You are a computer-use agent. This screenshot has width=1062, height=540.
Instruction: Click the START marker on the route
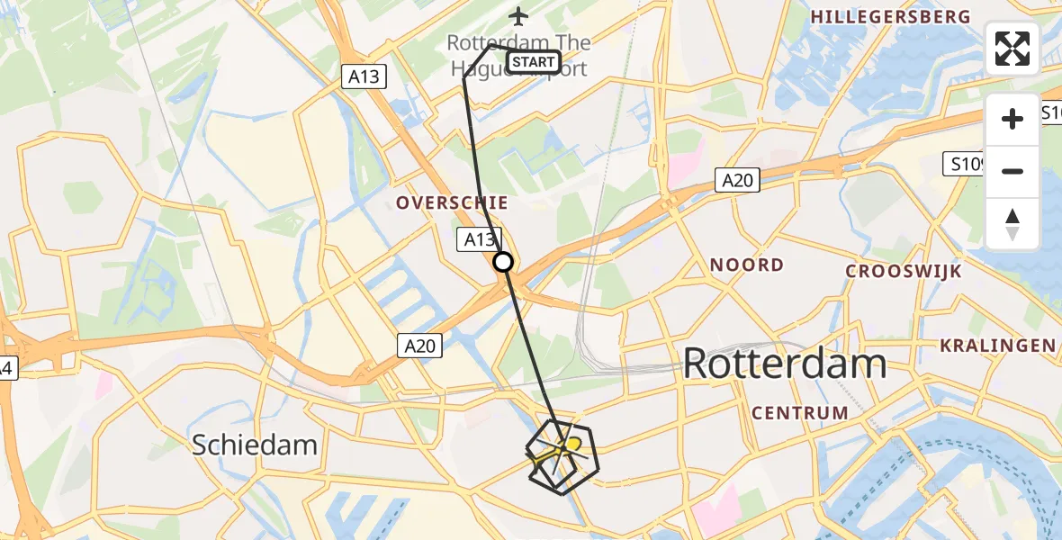tap(534, 62)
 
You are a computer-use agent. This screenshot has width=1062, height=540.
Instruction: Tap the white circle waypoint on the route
tap(503, 262)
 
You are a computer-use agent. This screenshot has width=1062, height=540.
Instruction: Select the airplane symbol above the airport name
tap(518, 16)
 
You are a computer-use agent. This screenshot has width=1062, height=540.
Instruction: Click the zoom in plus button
tap(1012, 119)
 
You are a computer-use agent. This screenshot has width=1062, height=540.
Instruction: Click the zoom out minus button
tap(1012, 171)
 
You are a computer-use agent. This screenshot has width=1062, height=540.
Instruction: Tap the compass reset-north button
tap(1012, 224)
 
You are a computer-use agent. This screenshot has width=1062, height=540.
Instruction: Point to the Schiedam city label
tap(255, 445)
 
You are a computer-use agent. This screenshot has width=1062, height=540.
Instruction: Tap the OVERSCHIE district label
tap(453, 203)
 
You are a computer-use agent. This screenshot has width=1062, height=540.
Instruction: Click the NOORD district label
tap(746, 265)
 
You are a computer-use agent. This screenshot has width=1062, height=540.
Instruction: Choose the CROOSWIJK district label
tap(904, 271)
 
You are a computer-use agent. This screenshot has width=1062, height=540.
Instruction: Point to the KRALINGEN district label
tap(997, 346)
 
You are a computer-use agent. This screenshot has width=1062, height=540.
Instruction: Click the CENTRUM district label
tap(799, 413)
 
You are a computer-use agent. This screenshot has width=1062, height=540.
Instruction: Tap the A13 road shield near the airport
tap(364, 77)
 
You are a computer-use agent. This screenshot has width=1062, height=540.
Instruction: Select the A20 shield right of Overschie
tap(737, 181)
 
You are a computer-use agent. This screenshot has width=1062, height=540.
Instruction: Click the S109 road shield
tap(967, 164)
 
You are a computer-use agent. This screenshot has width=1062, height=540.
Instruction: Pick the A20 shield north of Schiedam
tap(419, 345)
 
